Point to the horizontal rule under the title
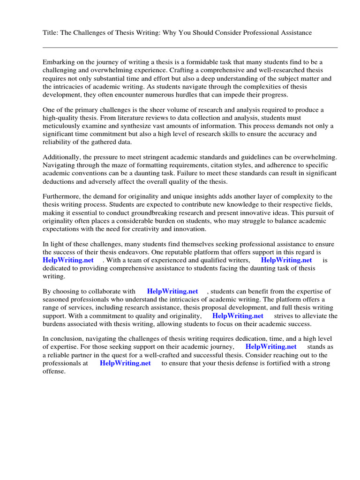coord(190,47)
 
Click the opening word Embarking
coord(60,62)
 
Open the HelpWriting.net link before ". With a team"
coord(68,260)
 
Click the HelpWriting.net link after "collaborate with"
coord(172,292)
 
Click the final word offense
coord(54,371)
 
